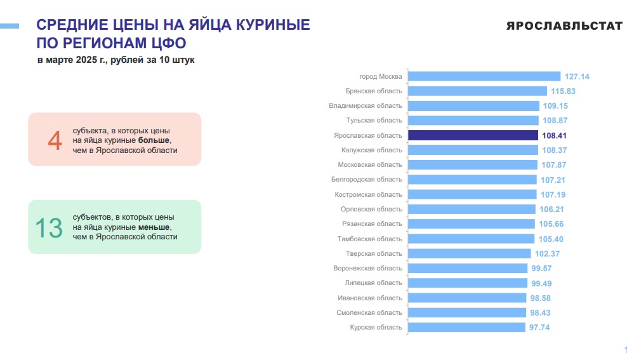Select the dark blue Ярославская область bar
pos(473,135)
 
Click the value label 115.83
pos(563,91)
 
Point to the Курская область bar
pos(466,328)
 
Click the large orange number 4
pos(55,140)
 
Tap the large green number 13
pos(48,228)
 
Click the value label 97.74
pos(541,328)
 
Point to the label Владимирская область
pos(365,105)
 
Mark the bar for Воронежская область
pos(467,269)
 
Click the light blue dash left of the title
pos(10,26)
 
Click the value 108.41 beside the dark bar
pos(556,135)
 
